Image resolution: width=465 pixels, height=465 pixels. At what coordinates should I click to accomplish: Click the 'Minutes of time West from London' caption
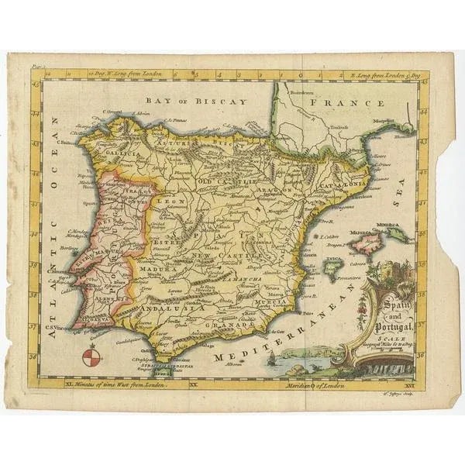(x=116, y=384)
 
